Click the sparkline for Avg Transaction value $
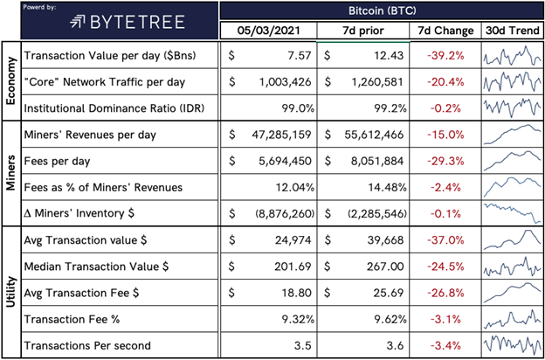(513, 239)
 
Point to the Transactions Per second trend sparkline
(513, 344)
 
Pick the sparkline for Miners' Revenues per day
(513, 135)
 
